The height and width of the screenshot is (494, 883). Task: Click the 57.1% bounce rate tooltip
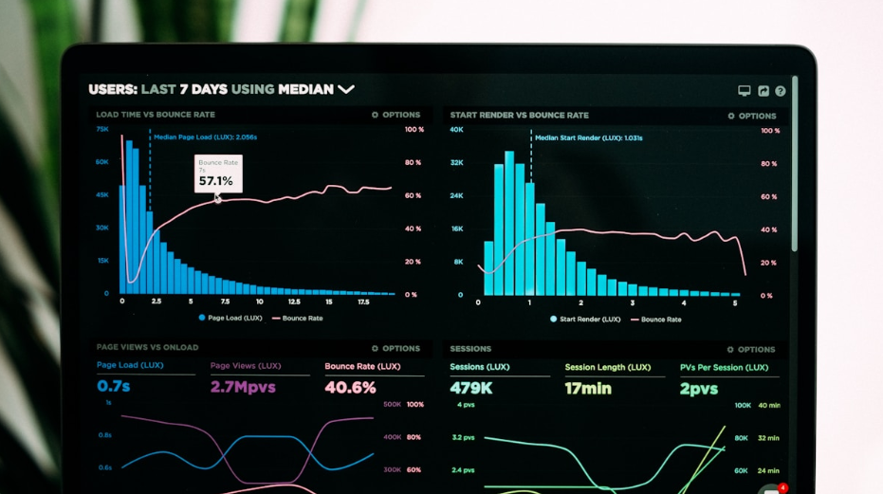click(217, 174)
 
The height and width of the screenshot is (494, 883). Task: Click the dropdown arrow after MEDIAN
click(346, 89)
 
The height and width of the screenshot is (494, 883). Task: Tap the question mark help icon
click(781, 91)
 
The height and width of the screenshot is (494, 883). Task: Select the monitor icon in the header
click(745, 91)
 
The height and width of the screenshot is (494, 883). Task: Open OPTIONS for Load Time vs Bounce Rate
click(396, 115)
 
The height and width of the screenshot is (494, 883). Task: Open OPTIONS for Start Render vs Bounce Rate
click(752, 116)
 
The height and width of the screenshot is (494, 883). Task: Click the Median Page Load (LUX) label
click(205, 137)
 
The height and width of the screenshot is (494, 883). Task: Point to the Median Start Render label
click(589, 137)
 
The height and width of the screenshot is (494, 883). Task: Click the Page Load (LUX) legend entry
click(230, 318)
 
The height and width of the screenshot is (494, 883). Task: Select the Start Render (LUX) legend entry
click(585, 319)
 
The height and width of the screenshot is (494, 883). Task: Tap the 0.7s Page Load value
click(114, 387)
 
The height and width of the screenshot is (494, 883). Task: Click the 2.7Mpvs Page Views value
click(243, 387)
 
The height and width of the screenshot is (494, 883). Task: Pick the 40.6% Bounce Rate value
click(350, 387)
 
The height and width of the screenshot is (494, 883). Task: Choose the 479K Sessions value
click(470, 388)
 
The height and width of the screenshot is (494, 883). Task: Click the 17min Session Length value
click(588, 388)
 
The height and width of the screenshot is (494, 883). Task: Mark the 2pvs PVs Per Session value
click(700, 388)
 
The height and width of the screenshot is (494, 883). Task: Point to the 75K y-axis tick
click(101, 129)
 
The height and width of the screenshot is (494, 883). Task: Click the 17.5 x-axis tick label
click(363, 302)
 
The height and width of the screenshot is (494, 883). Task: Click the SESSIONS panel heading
click(470, 348)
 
